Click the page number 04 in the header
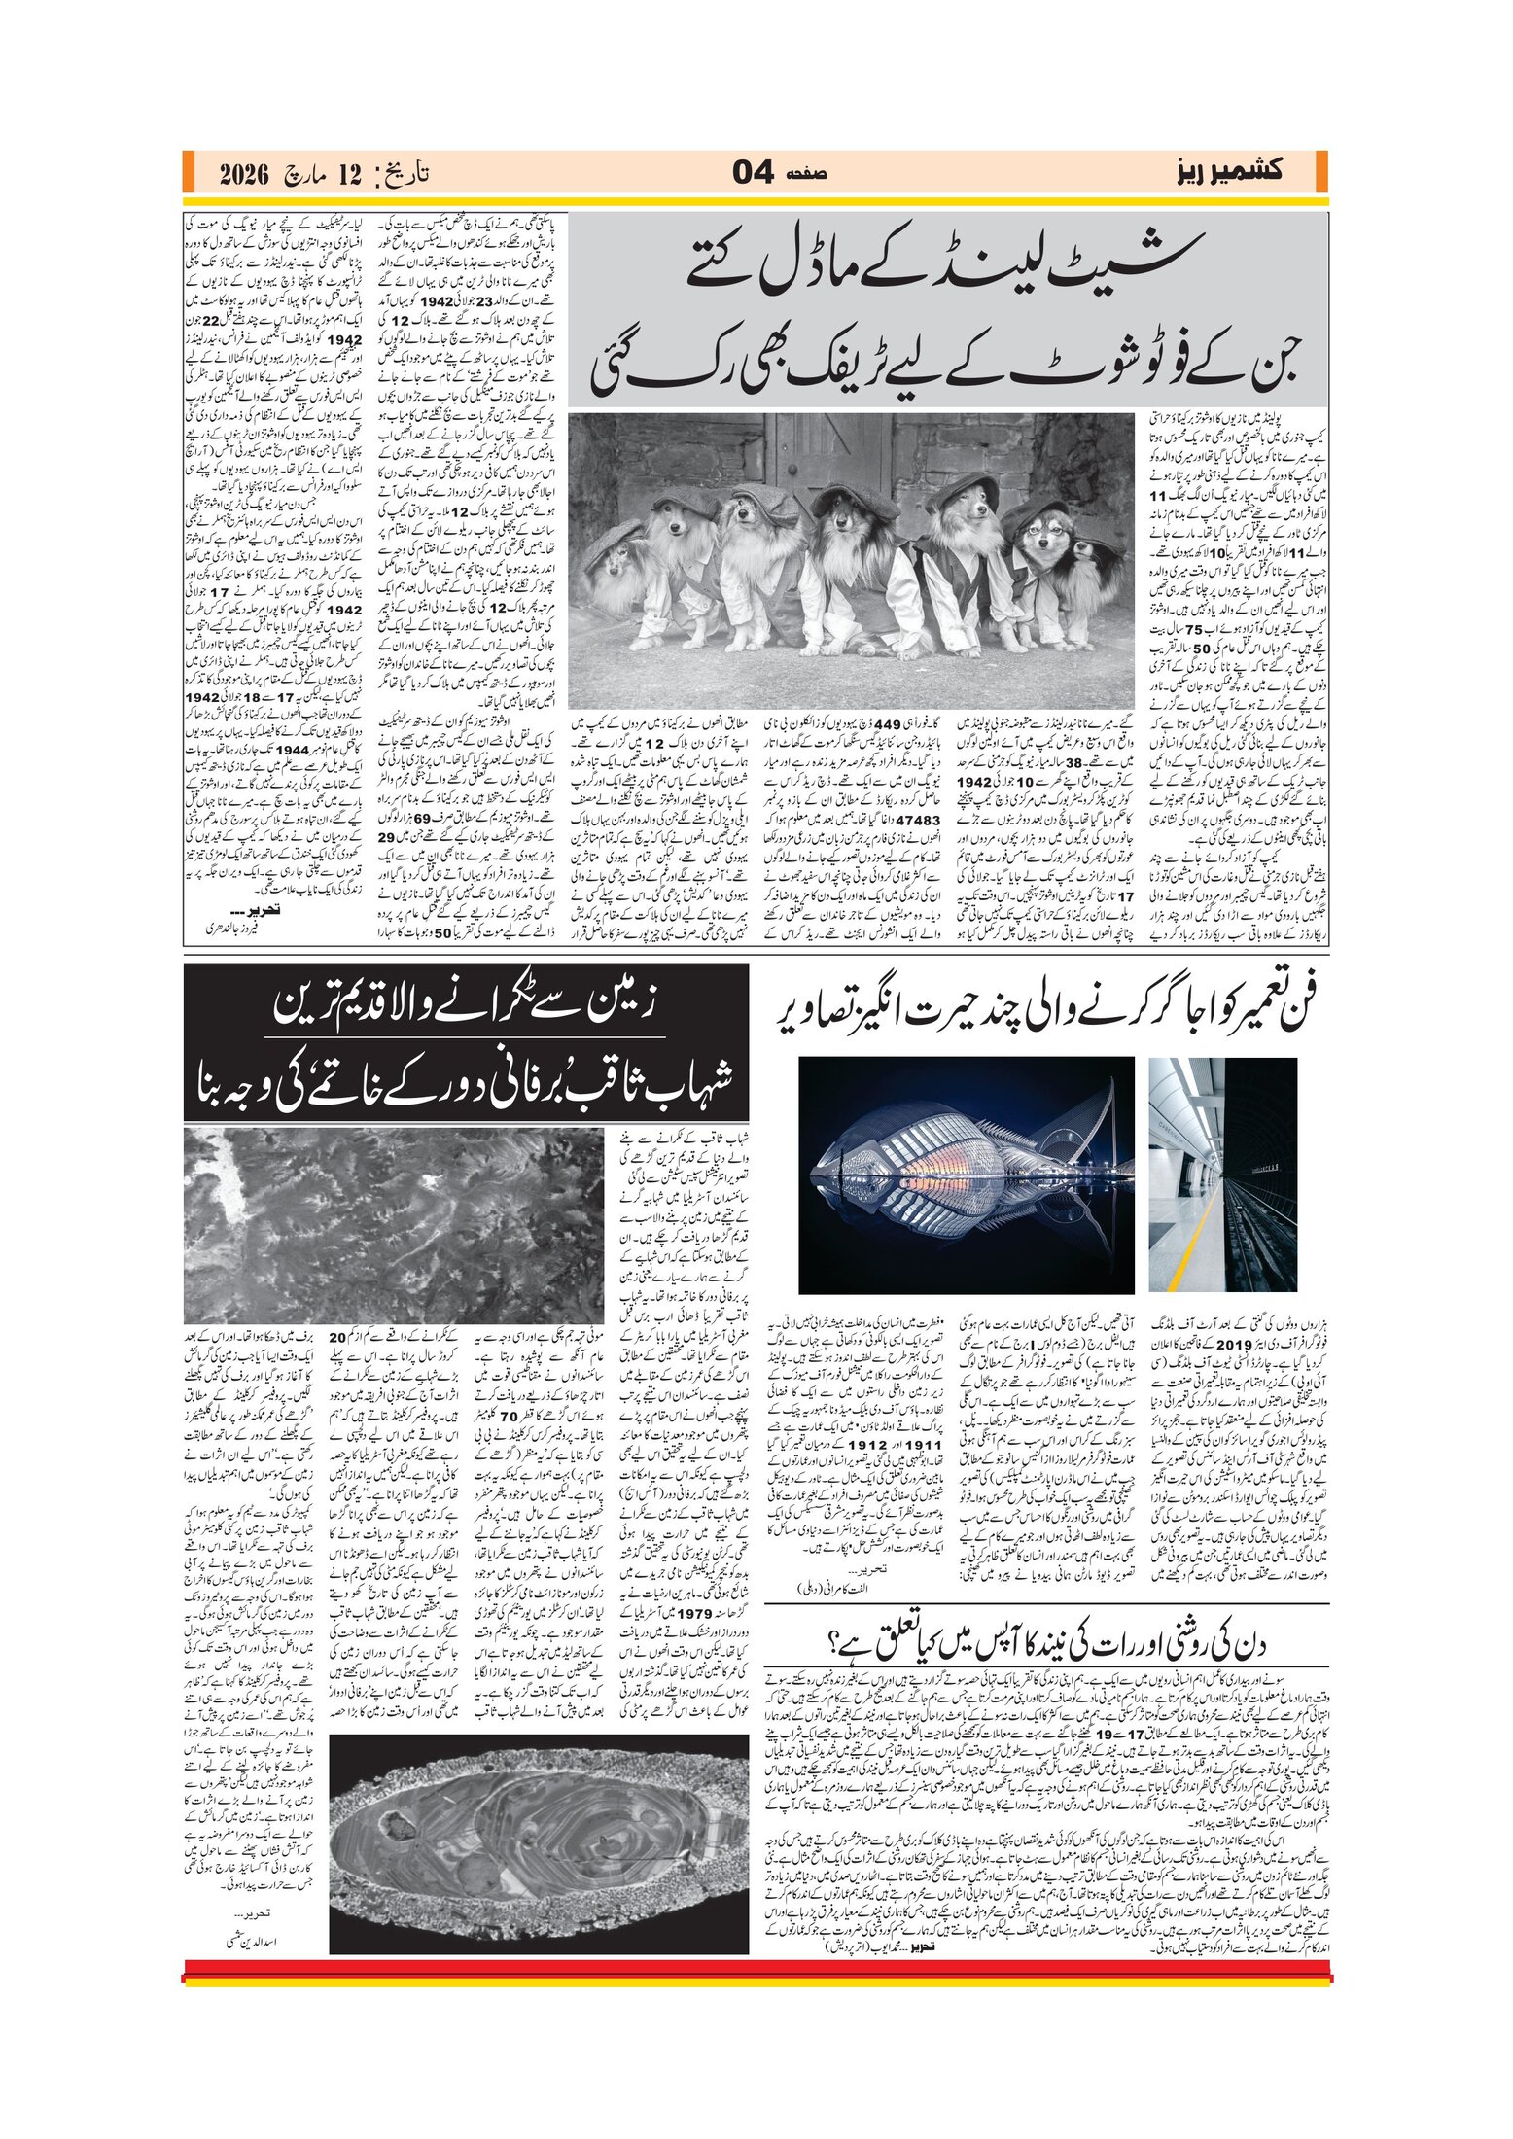click(x=753, y=173)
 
